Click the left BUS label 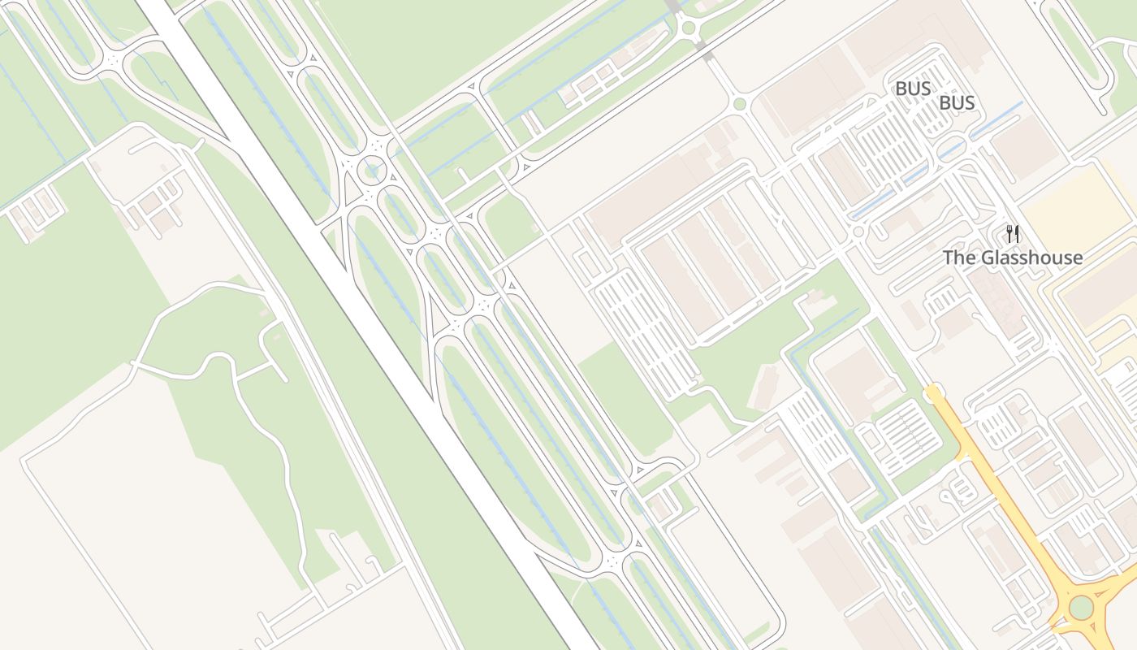(912, 89)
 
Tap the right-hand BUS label (957, 103)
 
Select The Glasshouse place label (1012, 258)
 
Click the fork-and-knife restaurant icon (1012, 234)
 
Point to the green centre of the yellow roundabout (1081, 607)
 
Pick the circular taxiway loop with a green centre (373, 169)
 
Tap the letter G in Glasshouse (988, 258)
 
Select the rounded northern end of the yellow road (933, 393)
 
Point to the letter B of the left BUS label (901, 89)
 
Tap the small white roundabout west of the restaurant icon (858, 232)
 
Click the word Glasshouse (1031, 258)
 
